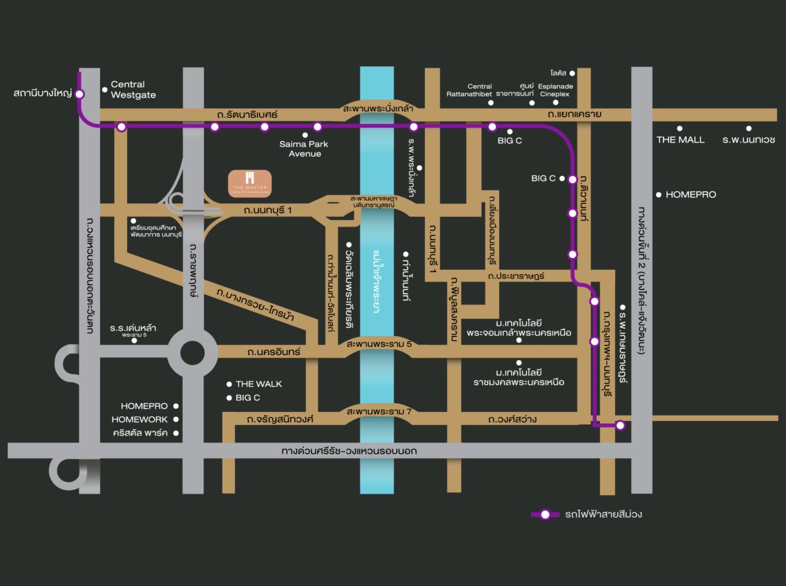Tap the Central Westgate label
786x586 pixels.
(133, 90)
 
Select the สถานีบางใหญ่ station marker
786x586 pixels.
(79, 94)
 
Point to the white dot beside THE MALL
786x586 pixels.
(680, 128)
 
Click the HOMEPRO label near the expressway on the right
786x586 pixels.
(691, 194)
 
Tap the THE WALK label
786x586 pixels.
(259, 384)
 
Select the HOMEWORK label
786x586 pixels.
(140, 420)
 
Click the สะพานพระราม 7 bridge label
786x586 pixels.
(379, 411)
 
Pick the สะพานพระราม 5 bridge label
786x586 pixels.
(379, 343)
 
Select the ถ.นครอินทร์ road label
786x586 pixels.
(274, 352)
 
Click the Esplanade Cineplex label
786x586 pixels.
(555, 90)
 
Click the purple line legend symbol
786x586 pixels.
(545, 515)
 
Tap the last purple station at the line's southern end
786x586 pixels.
(620, 426)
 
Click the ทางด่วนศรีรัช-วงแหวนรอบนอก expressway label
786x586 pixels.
(349, 451)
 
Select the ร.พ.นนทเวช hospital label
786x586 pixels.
(749, 139)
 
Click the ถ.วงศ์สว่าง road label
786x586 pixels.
(512, 419)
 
